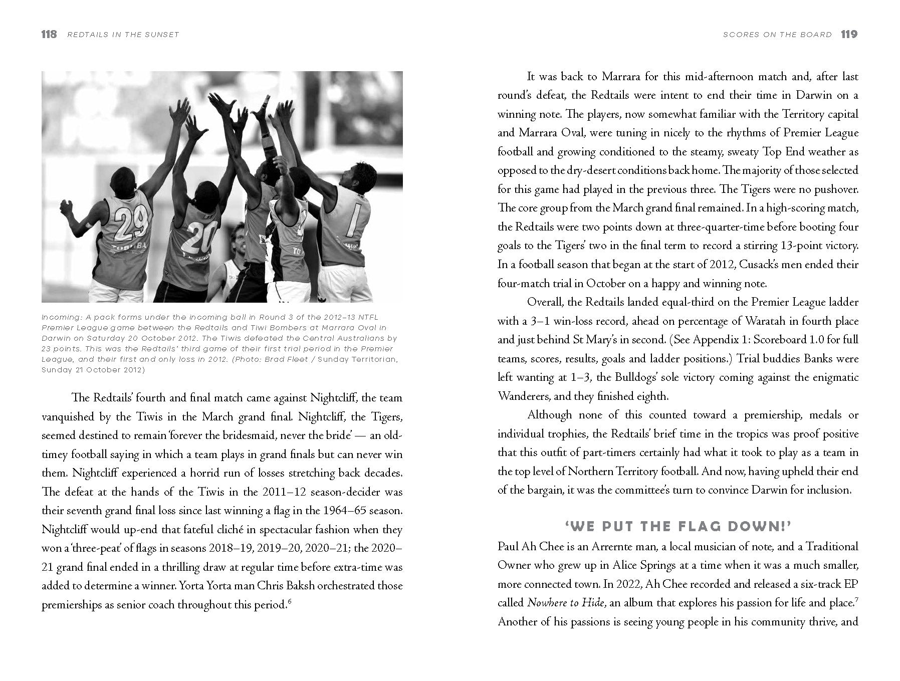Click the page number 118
(x=49, y=35)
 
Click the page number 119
(x=849, y=35)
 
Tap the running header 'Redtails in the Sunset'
(x=123, y=35)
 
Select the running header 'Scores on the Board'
(x=777, y=35)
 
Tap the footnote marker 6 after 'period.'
(x=290, y=601)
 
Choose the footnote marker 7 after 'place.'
(x=856, y=599)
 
